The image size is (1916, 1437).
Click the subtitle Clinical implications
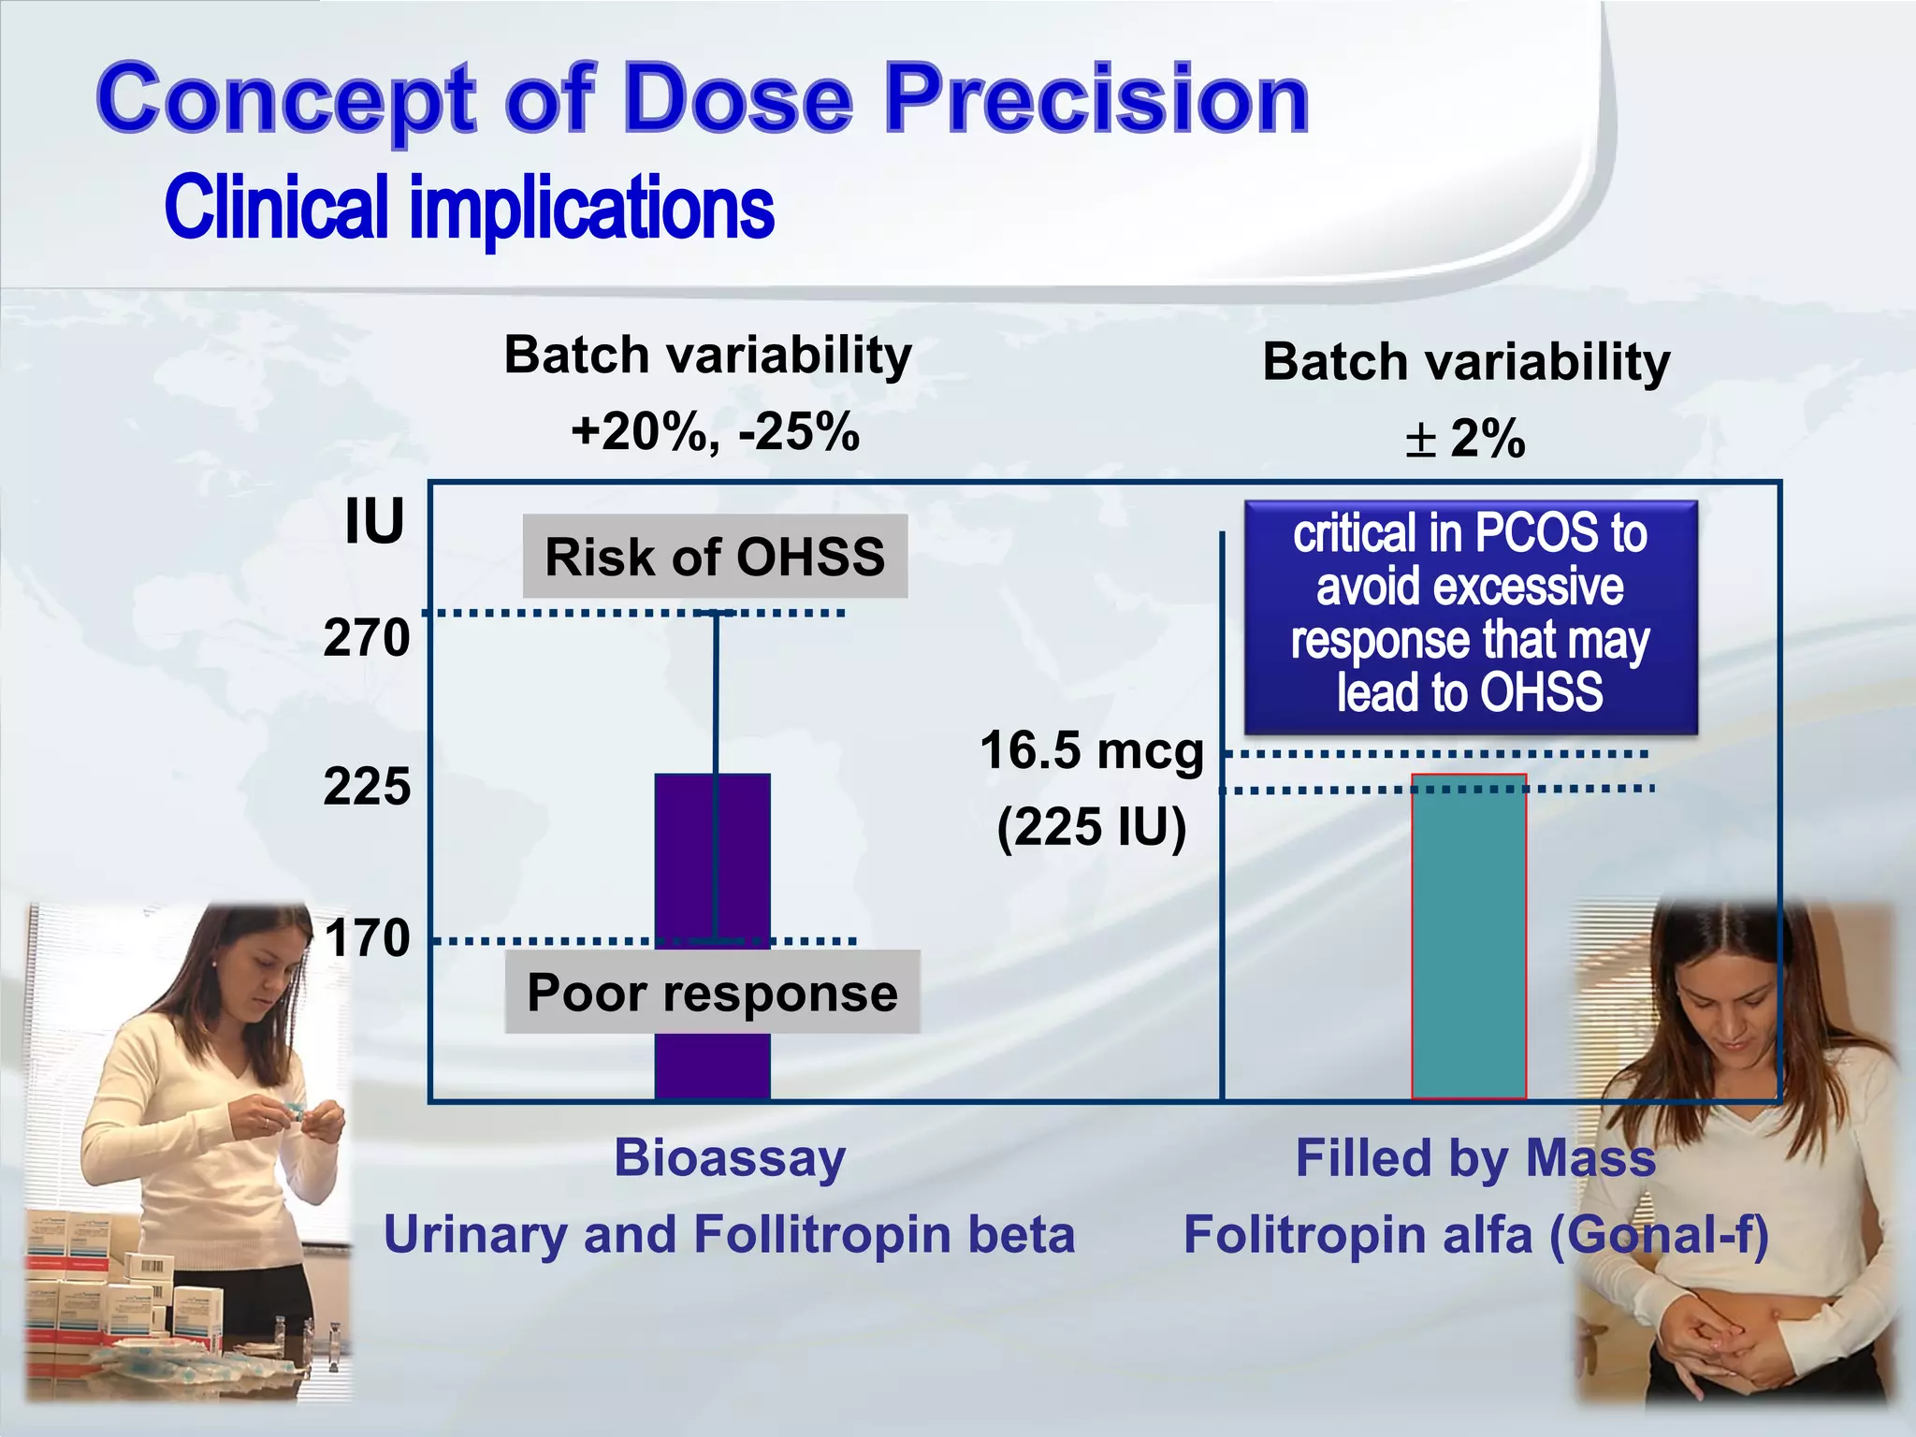[469, 207]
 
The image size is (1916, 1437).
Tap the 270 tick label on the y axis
[366, 638]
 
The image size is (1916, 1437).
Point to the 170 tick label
[367, 938]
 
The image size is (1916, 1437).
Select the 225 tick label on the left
[366, 786]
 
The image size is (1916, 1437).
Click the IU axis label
[374, 522]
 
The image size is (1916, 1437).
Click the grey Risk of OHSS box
[715, 557]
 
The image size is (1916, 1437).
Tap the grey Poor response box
[712, 993]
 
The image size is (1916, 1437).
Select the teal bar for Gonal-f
[1468, 936]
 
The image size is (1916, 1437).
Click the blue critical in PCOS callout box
[1470, 615]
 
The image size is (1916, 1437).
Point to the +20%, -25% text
[715, 432]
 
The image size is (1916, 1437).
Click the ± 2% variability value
[1465, 439]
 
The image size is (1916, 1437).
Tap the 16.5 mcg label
[1091, 751]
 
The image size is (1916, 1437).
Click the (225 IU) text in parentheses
[1091, 827]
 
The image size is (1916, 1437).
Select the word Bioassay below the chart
[730, 1158]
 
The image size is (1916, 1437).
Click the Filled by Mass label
[1475, 1158]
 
